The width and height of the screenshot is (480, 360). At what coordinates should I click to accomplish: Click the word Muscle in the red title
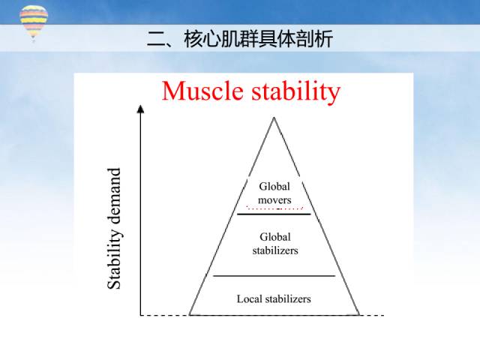(202, 91)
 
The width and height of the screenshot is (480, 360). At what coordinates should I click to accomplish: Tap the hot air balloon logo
(34, 22)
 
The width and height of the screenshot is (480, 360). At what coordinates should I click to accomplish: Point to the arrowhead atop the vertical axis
(140, 109)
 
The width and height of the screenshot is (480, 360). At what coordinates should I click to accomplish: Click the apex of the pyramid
(274, 118)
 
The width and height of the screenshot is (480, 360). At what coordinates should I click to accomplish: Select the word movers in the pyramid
(274, 200)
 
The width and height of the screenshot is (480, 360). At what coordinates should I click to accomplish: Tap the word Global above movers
(274, 186)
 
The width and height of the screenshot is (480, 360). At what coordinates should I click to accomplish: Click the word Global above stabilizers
(275, 237)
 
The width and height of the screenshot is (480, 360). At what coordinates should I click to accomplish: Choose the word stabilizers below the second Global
(275, 250)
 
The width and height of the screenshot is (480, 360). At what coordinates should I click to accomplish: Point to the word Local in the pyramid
(248, 298)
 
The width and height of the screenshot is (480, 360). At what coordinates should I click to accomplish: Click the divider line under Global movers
(274, 214)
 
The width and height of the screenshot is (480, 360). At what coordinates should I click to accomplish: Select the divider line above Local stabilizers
(274, 276)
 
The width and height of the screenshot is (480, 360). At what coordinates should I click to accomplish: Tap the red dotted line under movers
(274, 208)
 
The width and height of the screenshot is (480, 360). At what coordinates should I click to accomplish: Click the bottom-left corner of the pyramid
(190, 315)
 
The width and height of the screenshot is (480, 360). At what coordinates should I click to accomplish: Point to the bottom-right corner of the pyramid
(358, 315)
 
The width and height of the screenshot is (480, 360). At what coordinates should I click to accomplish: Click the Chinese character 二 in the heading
(157, 39)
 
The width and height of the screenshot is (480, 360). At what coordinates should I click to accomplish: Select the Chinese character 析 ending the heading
(323, 39)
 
